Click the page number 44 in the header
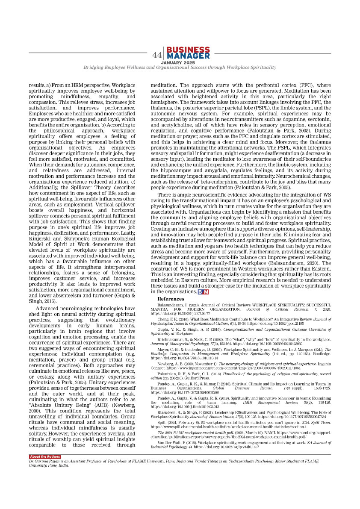[157, 56]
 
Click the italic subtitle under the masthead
[180, 68]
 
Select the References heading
[171, 299]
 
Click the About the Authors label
[45, 457]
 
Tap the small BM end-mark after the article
[203, 292]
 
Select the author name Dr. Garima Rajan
[45, 462]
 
